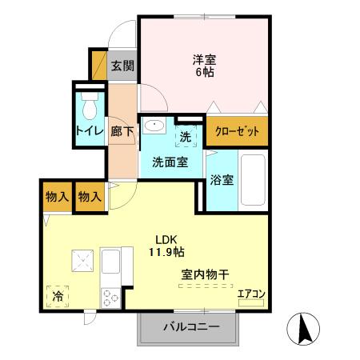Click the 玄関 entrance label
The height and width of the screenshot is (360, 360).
click(122, 66)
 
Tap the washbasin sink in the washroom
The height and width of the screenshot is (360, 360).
click(155, 127)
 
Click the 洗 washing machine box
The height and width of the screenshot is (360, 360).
click(185, 137)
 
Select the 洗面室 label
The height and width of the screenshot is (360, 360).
click(170, 162)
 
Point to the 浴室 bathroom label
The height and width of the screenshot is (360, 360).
click(222, 179)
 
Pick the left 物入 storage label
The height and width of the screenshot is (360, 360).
click(57, 197)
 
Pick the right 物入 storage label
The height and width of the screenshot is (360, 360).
click(90, 197)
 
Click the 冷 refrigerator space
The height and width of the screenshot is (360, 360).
click(58, 294)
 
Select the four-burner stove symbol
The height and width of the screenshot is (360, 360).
click(110, 299)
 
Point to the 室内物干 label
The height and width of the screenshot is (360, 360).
click(205, 274)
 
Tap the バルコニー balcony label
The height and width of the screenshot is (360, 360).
click(191, 326)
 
